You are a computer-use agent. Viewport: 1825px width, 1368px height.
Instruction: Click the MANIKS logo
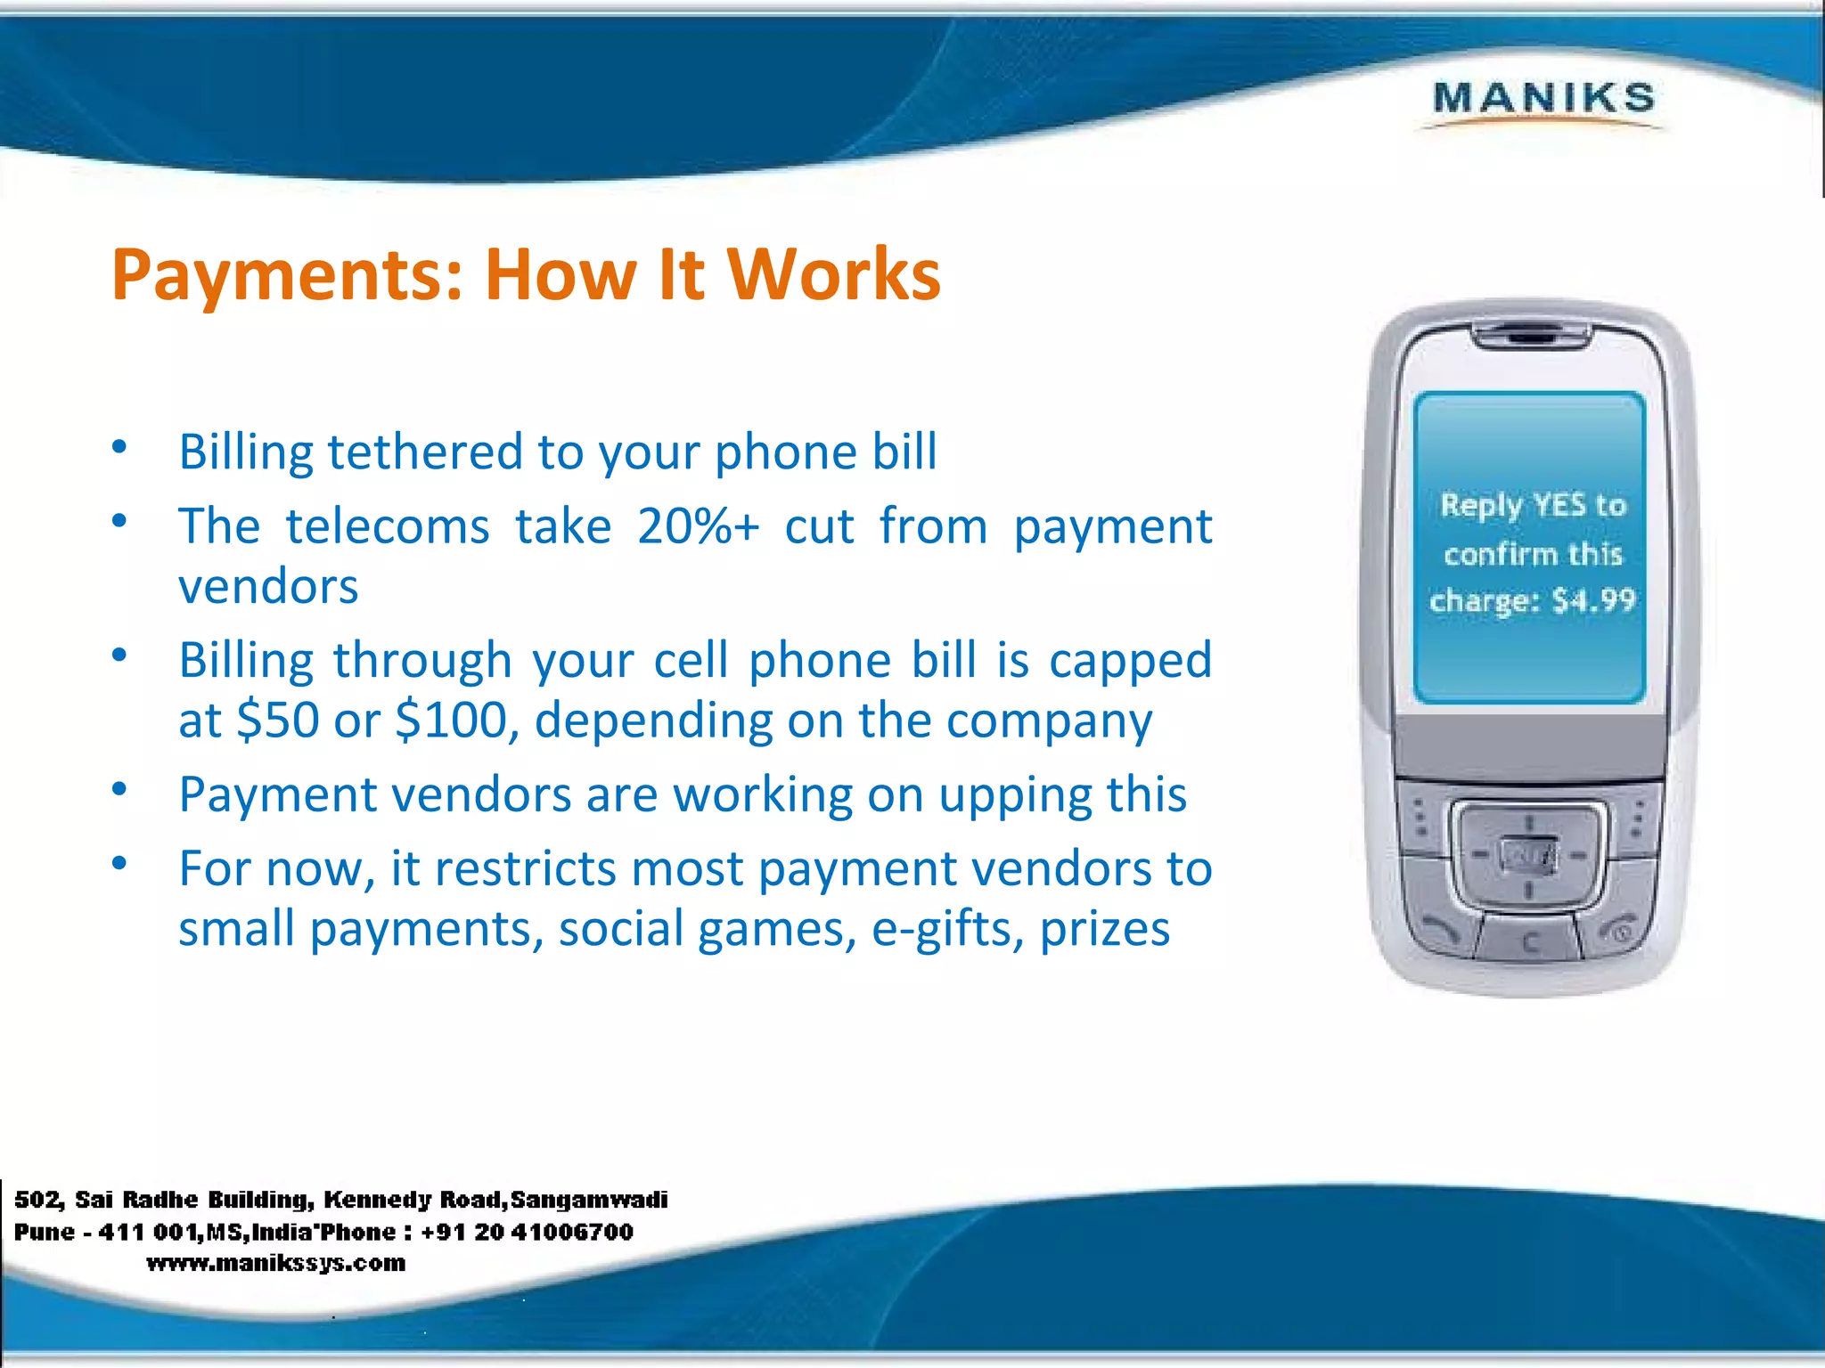pyautogui.click(x=1543, y=99)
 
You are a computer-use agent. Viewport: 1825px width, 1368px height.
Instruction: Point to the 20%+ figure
pyautogui.click(x=698, y=526)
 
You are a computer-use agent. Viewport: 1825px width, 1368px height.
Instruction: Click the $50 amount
pyautogui.click(x=278, y=720)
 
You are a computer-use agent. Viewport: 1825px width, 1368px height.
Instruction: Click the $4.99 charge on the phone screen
pyautogui.click(x=1593, y=600)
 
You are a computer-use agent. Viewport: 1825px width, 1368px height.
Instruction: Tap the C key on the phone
pyautogui.click(x=1529, y=942)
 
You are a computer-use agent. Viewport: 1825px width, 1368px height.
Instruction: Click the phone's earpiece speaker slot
pyautogui.click(x=1529, y=337)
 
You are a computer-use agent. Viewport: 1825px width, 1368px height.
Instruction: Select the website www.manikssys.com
pyautogui.click(x=275, y=1263)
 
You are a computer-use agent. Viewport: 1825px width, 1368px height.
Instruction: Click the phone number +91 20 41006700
pyautogui.click(x=527, y=1232)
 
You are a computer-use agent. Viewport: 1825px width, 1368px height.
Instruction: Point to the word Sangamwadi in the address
pyautogui.click(x=589, y=1200)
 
